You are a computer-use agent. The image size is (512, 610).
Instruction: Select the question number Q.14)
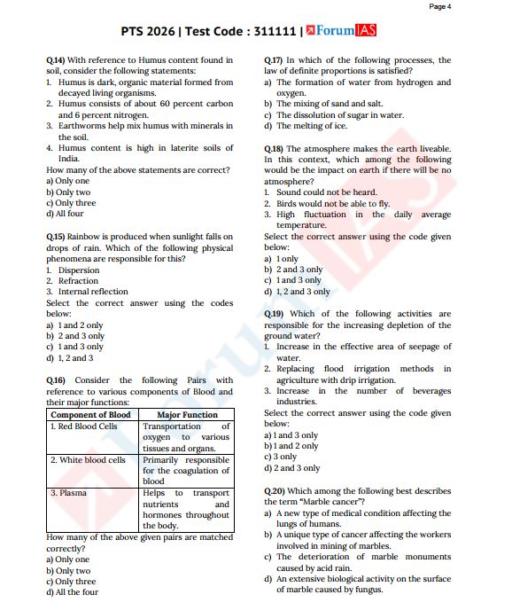[56, 60]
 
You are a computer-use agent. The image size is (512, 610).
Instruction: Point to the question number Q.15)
[56, 237]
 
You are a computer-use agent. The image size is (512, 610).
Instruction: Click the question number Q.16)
[56, 380]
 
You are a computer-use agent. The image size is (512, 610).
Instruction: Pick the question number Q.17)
[274, 60]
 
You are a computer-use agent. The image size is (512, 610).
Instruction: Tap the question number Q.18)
[274, 149]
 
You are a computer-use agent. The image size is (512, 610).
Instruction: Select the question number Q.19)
[274, 314]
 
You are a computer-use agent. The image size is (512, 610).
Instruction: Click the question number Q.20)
[274, 490]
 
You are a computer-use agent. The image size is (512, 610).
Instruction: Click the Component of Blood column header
[91, 415]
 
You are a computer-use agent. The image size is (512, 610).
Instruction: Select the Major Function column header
[187, 415]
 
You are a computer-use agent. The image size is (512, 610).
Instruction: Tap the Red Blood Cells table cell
[84, 426]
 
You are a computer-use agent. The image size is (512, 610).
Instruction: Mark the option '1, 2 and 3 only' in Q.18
[302, 291]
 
